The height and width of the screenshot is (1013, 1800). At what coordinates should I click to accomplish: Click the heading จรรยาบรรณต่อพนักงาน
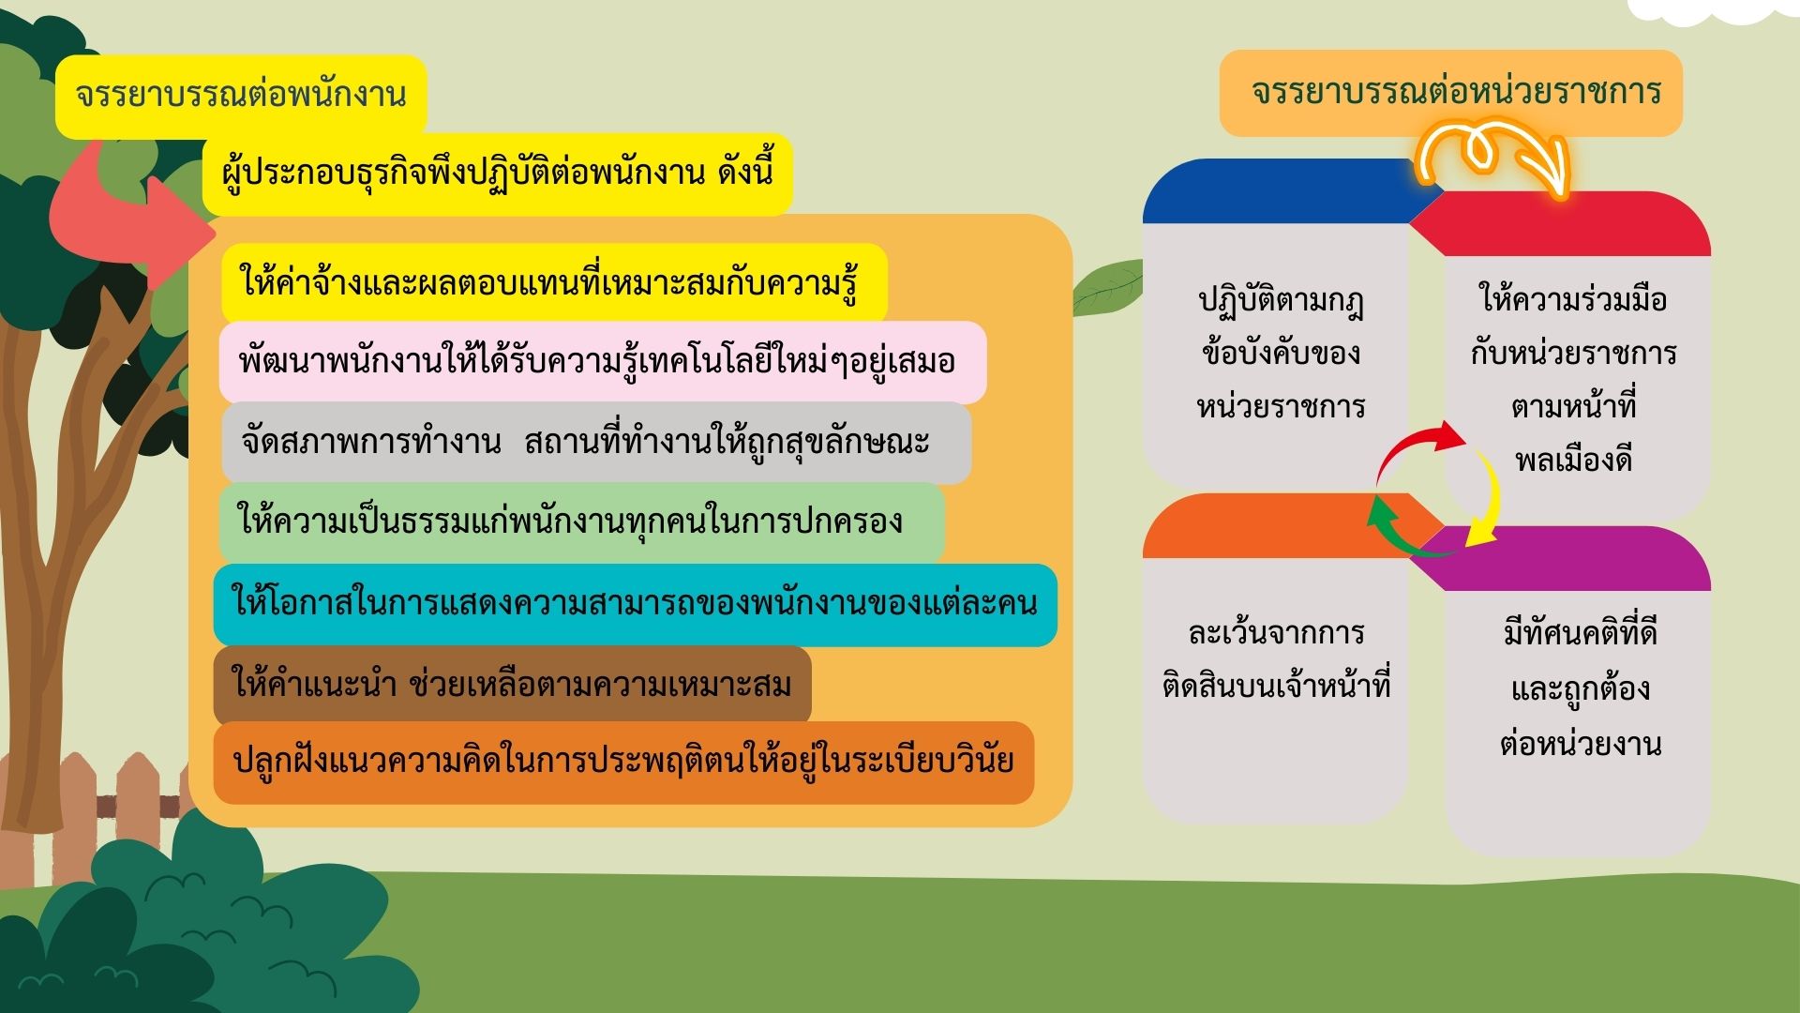point(241,95)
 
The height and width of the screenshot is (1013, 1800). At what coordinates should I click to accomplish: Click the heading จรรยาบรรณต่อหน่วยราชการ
point(1456,92)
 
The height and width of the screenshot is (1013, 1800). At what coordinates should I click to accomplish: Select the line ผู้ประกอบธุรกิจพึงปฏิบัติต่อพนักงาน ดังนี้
point(498,174)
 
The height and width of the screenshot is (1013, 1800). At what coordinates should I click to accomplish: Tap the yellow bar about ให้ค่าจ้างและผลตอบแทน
point(554,282)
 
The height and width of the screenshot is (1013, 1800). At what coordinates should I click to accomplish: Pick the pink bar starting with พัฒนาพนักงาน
point(603,362)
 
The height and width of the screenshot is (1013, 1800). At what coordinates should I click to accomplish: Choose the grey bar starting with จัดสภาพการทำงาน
point(596,443)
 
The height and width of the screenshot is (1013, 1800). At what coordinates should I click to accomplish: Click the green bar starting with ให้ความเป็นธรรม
point(581,522)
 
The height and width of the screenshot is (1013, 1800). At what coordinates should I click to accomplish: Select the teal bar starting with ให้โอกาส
point(635,604)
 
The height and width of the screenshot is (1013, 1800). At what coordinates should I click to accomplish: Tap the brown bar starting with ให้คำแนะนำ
point(512,685)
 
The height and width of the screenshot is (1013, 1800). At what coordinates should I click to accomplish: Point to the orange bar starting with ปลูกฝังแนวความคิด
point(623,762)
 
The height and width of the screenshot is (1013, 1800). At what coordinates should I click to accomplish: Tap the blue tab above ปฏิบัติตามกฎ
point(1289,191)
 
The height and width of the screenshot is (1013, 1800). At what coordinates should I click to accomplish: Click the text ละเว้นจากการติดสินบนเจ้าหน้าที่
point(1276,659)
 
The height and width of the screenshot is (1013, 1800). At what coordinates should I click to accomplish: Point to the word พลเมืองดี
point(1574,461)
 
